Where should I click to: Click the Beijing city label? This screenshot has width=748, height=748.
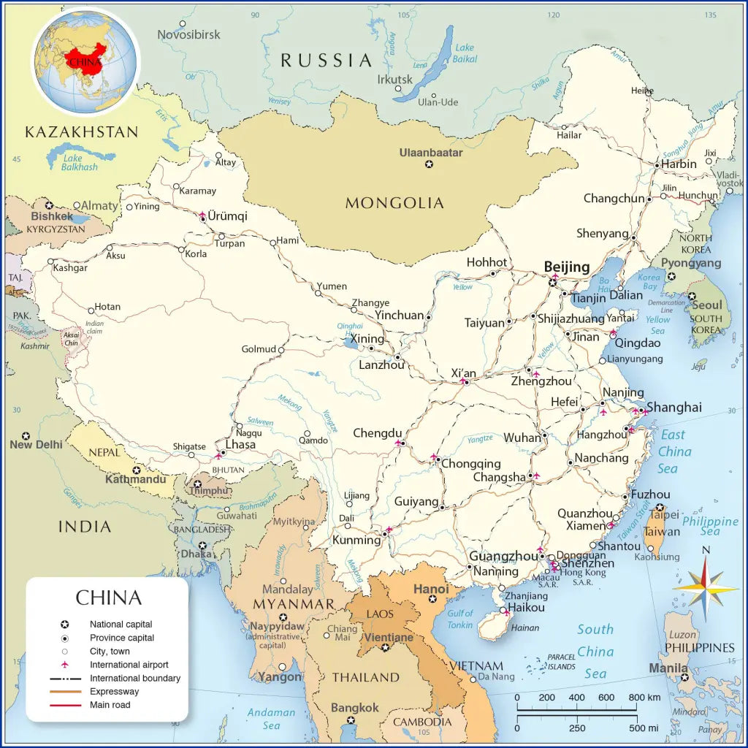(567, 267)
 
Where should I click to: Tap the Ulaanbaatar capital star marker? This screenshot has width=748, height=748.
(429, 164)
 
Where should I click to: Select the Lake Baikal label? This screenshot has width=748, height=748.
(465, 53)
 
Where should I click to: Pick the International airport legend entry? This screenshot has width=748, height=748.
(129, 665)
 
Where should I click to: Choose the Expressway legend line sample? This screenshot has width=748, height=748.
(65, 691)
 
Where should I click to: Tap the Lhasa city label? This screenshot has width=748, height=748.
(240, 444)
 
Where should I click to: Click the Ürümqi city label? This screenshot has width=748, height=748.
(227, 216)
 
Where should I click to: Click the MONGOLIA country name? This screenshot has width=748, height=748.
(394, 203)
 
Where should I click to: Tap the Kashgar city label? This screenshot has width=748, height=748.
(70, 268)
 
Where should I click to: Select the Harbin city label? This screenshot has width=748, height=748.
(679, 164)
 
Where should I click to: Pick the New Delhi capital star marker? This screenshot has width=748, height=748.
(26, 435)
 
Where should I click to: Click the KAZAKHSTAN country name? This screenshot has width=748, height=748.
(81, 132)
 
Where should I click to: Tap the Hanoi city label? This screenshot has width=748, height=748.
(431, 589)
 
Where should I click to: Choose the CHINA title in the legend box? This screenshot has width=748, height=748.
(108, 598)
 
